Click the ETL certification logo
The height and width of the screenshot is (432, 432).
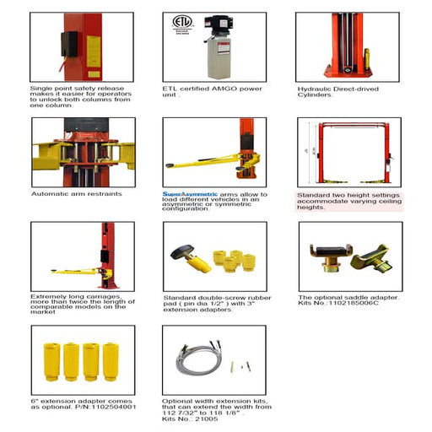tap(181, 23)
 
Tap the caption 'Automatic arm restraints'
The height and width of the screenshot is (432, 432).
tap(77, 193)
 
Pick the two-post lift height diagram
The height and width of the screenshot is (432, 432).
tap(348, 153)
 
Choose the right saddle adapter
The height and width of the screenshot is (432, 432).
tap(372, 257)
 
